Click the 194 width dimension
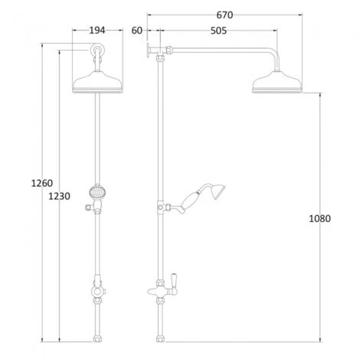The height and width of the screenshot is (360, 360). coord(97,30)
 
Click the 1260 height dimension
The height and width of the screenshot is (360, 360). coord(41,183)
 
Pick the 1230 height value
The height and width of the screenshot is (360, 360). coord(59,196)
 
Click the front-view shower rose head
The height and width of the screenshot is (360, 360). coord(97,85)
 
